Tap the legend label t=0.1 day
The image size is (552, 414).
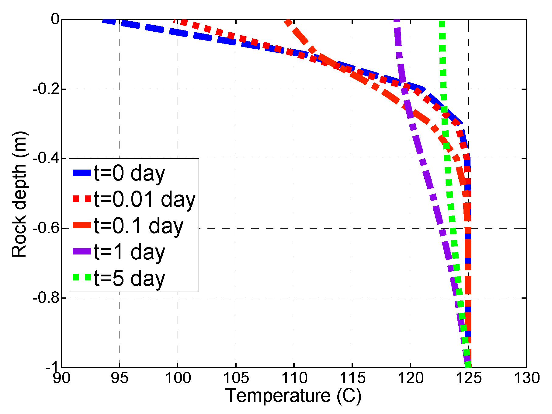(138, 226)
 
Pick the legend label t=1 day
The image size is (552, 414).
(129, 252)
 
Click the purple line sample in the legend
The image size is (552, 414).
(82, 251)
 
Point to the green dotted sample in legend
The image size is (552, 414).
(82, 277)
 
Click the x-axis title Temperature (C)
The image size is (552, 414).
(293, 396)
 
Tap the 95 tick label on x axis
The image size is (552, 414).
(120, 378)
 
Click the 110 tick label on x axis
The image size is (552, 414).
(294, 378)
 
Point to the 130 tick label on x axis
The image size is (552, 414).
(526, 378)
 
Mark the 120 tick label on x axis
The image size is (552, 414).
(410, 378)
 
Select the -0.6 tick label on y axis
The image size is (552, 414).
(45, 228)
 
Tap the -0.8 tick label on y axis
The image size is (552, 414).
(45, 297)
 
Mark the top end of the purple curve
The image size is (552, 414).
(397, 21)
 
